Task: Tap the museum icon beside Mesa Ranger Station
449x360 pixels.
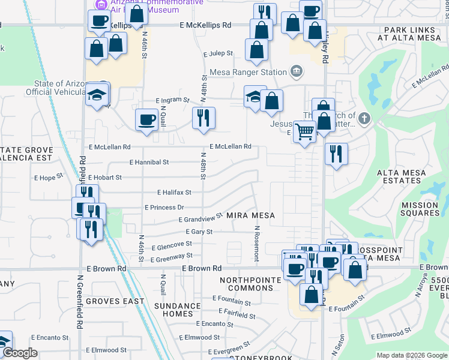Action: [295, 72]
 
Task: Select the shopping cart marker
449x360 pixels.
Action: [305, 130]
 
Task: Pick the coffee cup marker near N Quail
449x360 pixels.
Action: [146, 120]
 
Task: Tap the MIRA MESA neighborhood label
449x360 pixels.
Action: [252, 215]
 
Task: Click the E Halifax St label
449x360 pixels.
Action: [174, 193]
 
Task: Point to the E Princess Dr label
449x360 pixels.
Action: [164, 208]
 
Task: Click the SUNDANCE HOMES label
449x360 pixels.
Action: [177, 310]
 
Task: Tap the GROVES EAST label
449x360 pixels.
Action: [115, 301]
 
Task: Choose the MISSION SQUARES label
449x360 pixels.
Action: [420, 209]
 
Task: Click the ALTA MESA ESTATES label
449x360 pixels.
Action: [402, 176]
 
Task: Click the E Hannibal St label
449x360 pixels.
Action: [149, 162]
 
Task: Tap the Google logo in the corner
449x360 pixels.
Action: [20, 353]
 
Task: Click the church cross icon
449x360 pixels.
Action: [365, 117]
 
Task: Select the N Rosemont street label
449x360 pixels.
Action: [256, 243]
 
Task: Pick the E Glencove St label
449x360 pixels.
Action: [172, 245]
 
